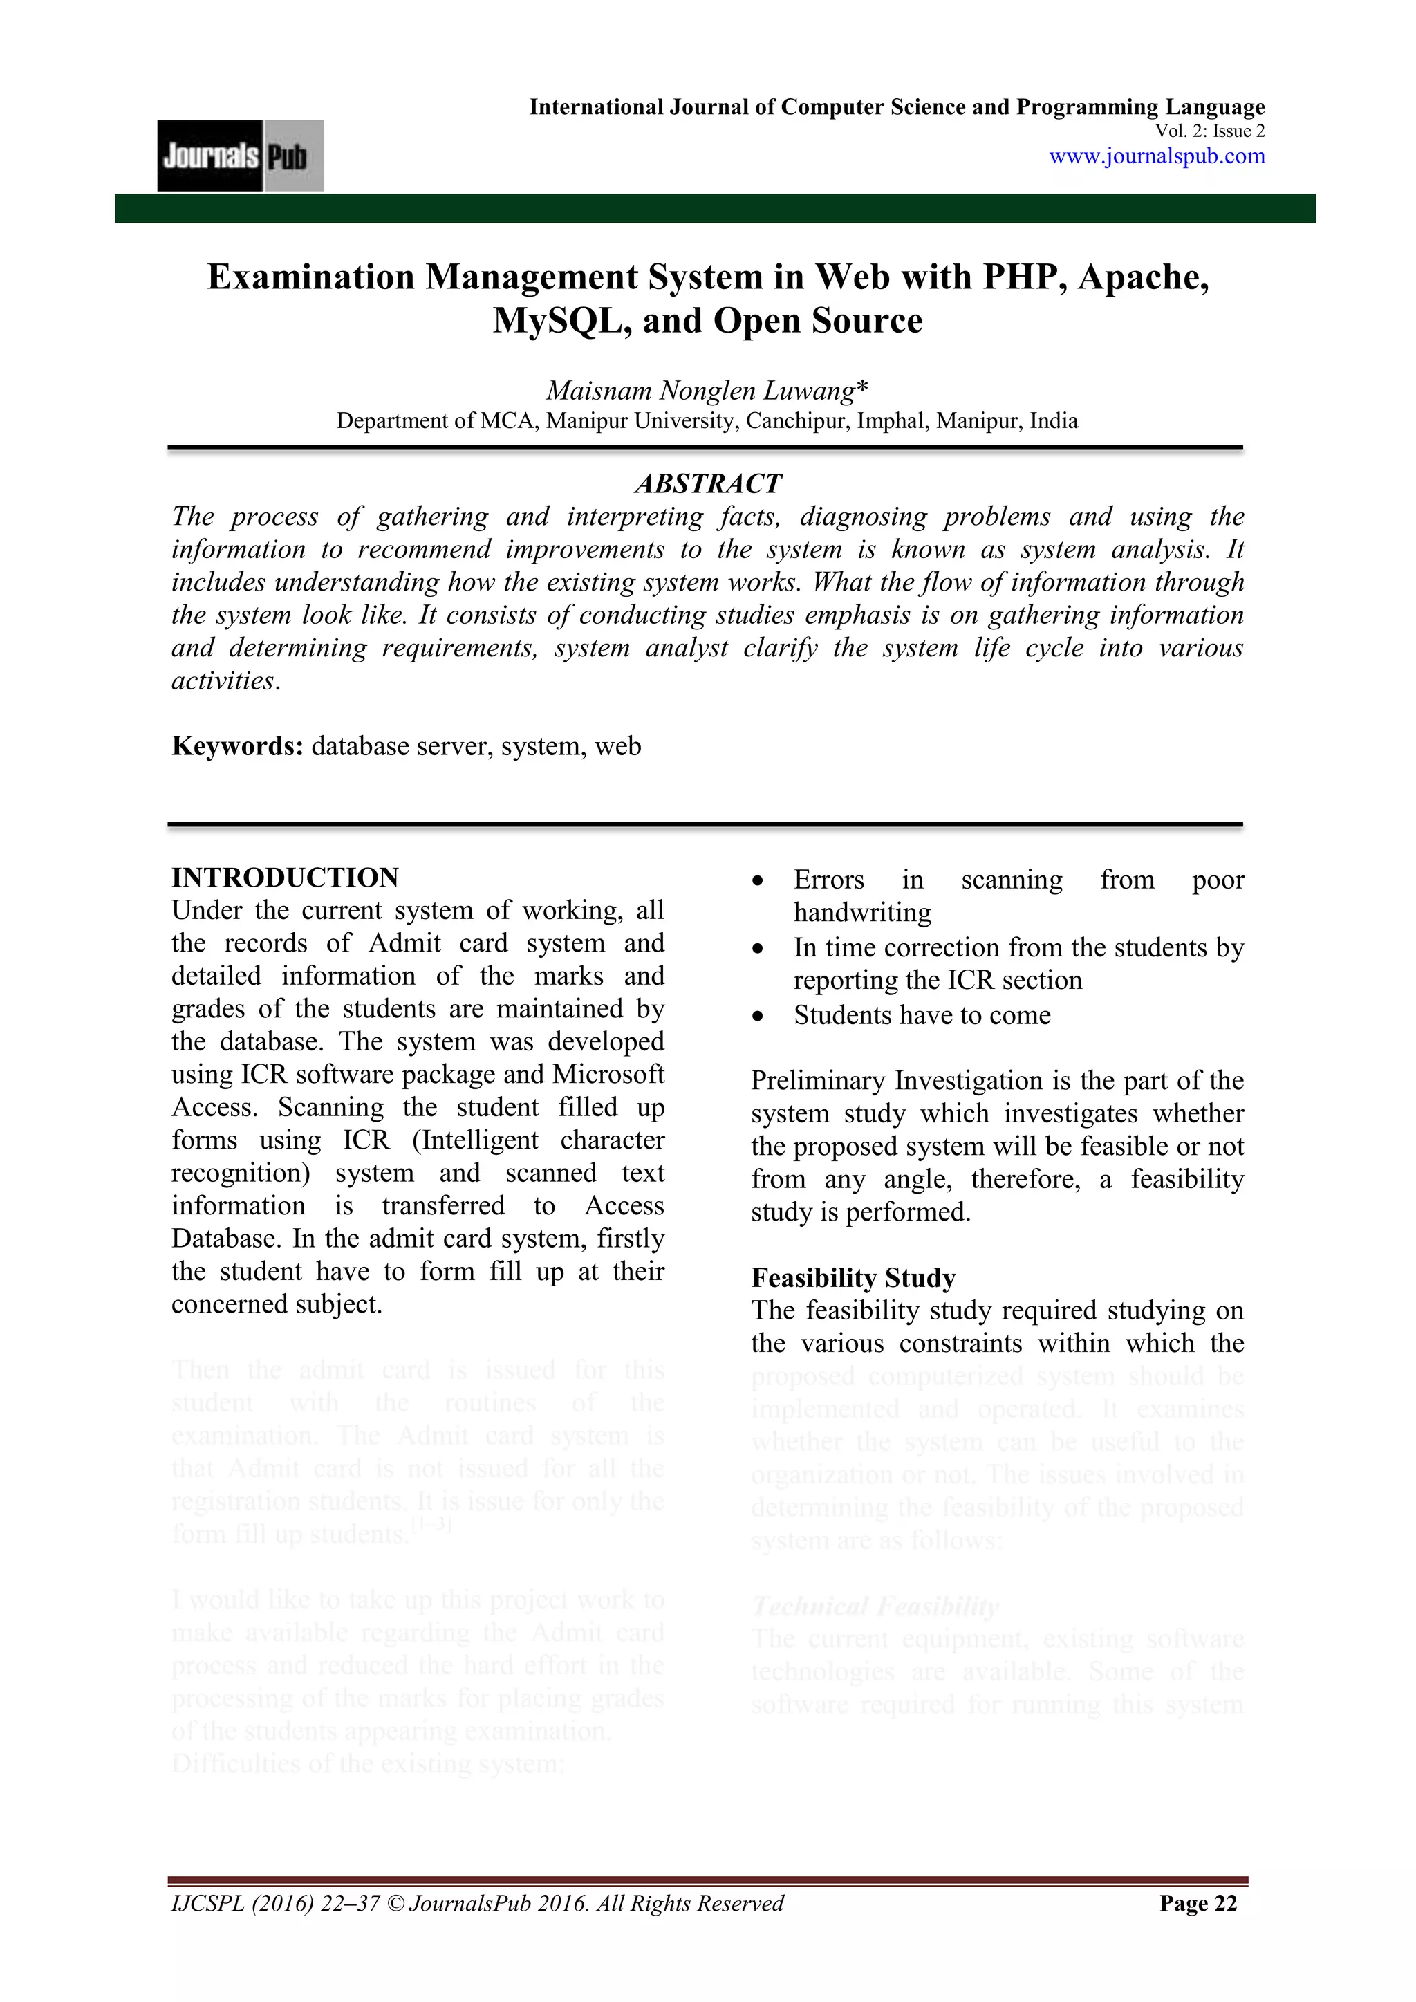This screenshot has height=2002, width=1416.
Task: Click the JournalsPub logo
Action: point(240,156)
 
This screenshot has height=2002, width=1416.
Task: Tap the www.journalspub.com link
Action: point(1156,156)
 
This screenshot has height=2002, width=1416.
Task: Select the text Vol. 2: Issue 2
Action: point(1209,131)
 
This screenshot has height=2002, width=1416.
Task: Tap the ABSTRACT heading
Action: point(707,484)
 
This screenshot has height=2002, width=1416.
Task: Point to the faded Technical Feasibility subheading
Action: point(875,1606)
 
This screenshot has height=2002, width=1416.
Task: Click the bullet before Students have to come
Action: point(758,1017)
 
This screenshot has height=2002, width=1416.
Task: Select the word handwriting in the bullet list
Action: point(861,913)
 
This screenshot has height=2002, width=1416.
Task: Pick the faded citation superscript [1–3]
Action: point(431,1525)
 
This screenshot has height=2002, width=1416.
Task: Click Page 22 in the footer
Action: point(1198,1904)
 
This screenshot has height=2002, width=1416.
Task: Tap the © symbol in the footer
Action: point(394,1904)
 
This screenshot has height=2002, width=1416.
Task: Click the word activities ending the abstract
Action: point(223,681)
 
